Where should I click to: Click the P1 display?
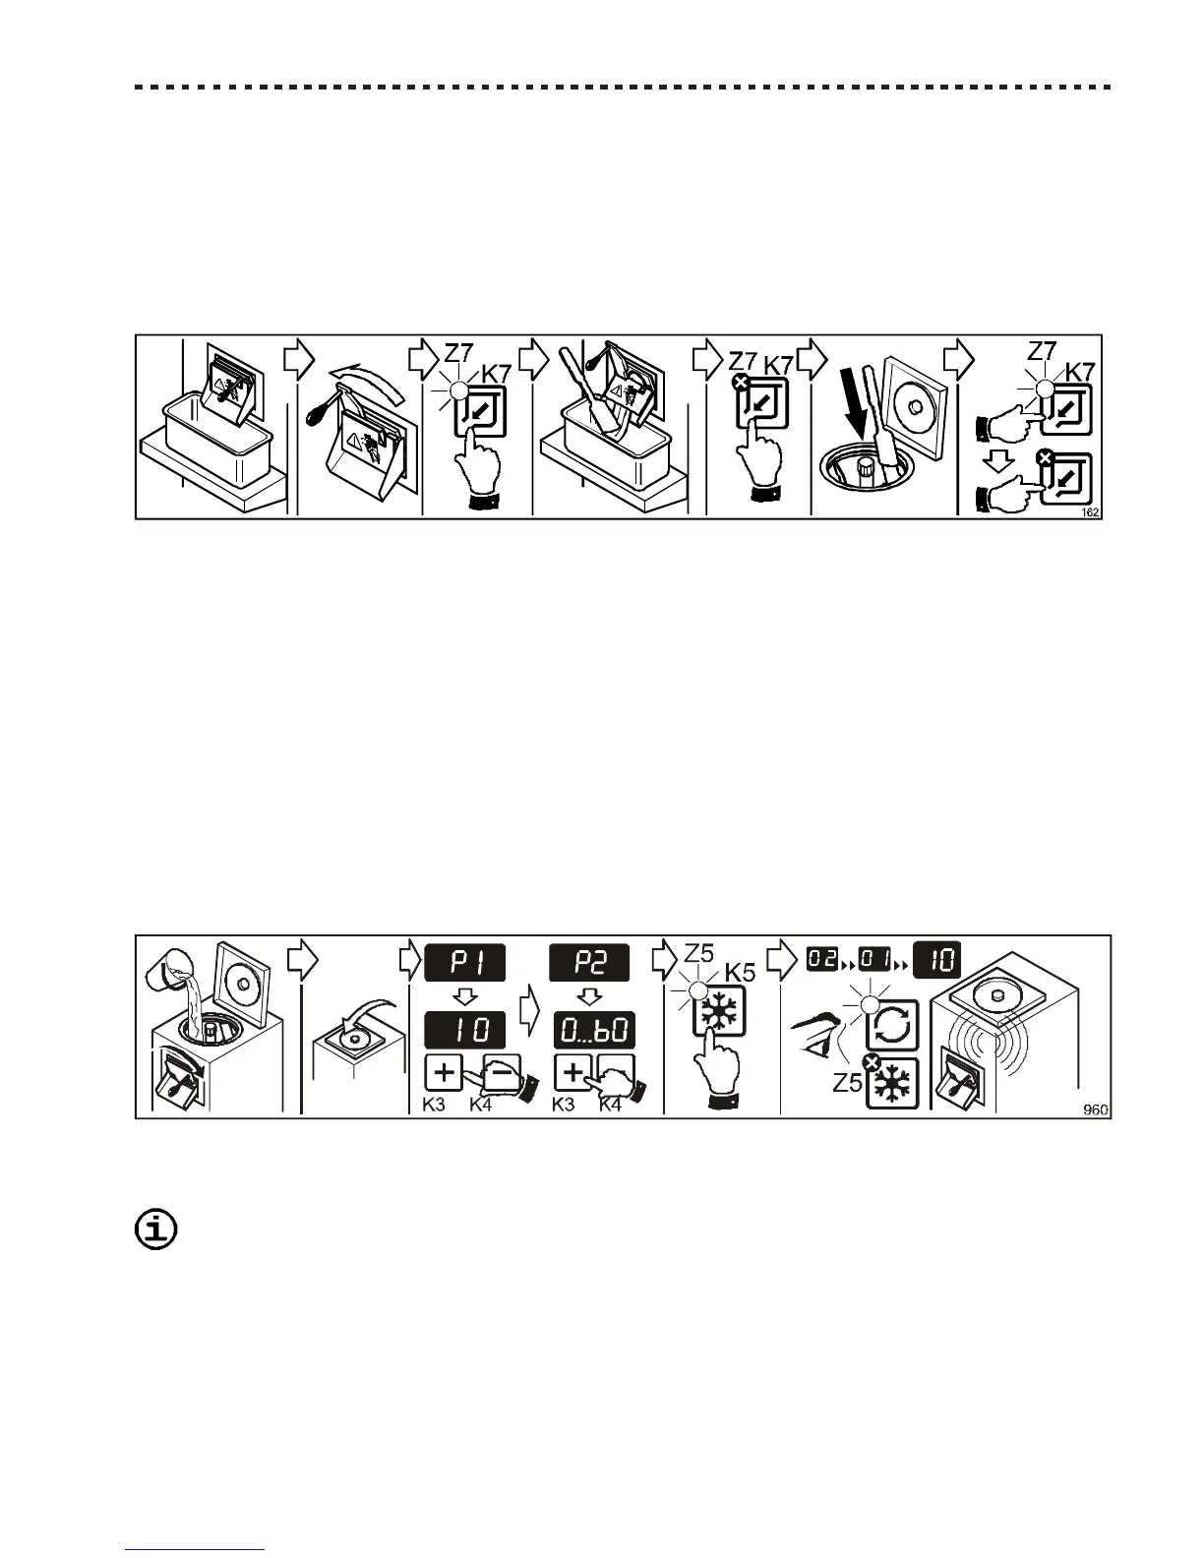(x=464, y=962)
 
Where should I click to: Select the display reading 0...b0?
(x=593, y=1031)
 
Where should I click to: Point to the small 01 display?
(x=875, y=957)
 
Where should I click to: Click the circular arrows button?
(x=891, y=1027)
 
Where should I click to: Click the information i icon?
(x=155, y=1229)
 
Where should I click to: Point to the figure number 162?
(x=1090, y=511)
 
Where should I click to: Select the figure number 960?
(x=1095, y=1109)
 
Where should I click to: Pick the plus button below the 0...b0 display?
(x=572, y=1073)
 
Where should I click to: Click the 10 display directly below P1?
(x=464, y=1031)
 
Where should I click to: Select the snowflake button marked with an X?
(x=892, y=1083)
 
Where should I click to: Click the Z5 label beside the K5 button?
(x=697, y=952)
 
